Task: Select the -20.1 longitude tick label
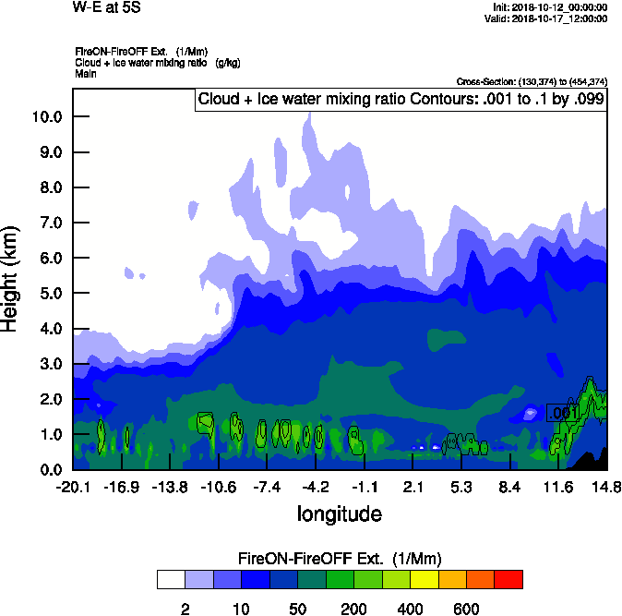(x=72, y=487)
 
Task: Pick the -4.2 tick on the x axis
(x=316, y=487)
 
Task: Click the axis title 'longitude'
(x=339, y=513)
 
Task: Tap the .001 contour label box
(x=562, y=414)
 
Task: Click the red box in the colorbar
(x=508, y=579)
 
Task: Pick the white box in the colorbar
(x=171, y=579)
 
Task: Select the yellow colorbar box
(x=424, y=579)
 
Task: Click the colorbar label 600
(x=466, y=609)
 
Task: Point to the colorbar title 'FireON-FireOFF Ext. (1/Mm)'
(x=340, y=559)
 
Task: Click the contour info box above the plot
(x=401, y=99)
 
